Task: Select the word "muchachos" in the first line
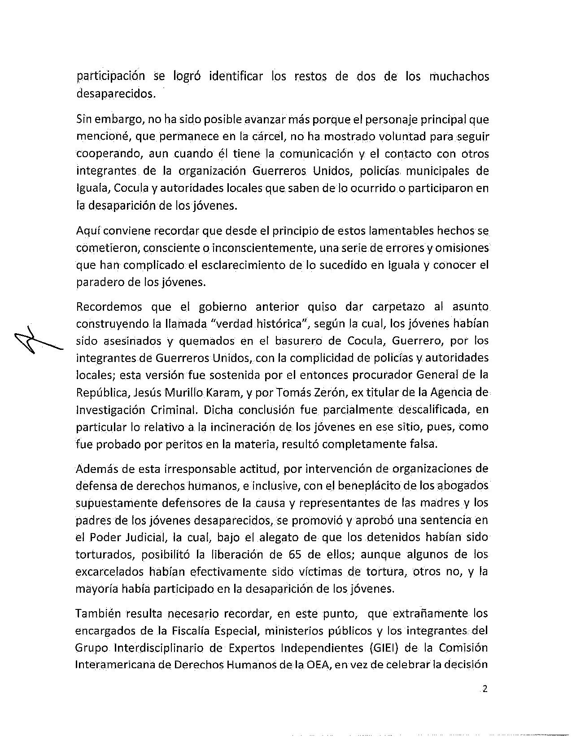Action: (459, 77)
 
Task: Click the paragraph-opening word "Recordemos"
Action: (109, 307)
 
